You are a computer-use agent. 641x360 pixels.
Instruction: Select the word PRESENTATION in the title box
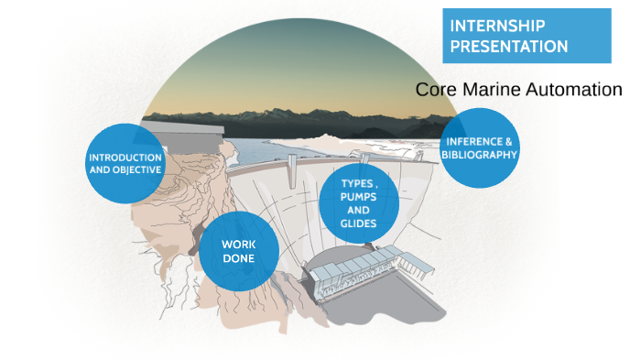coord(508,46)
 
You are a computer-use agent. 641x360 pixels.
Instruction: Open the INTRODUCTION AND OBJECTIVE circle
coord(125,163)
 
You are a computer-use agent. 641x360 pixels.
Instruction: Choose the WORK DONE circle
coord(238,250)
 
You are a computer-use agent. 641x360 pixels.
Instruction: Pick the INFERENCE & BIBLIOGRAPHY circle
coord(479,148)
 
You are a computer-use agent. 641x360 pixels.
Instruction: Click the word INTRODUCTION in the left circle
coord(125,157)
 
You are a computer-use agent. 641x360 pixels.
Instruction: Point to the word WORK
coord(238,244)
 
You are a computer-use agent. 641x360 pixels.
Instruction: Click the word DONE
coord(238,257)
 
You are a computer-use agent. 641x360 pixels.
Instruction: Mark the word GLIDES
coord(359,224)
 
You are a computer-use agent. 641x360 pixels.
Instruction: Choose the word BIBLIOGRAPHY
coord(479,155)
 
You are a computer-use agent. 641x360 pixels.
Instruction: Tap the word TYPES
coord(356,183)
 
